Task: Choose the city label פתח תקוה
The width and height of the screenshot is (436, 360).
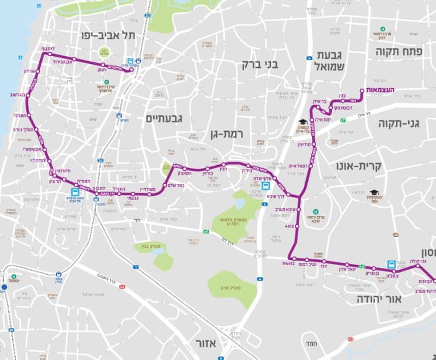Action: tap(404, 51)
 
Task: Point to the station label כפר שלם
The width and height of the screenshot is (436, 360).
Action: tap(187, 184)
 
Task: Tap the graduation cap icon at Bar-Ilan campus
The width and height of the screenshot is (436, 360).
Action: tap(302, 123)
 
